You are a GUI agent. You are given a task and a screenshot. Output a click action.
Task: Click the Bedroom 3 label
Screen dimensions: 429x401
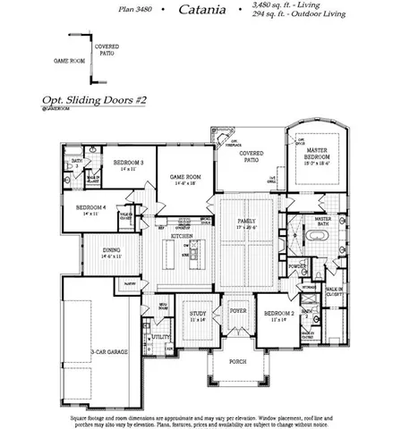click(124, 164)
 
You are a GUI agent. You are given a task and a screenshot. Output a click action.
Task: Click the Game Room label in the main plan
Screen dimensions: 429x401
click(185, 180)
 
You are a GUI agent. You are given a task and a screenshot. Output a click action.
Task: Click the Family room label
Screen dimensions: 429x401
click(246, 223)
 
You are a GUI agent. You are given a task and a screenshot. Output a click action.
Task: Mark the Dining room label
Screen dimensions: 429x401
click(112, 253)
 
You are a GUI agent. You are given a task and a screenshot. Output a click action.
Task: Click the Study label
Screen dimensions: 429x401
click(198, 315)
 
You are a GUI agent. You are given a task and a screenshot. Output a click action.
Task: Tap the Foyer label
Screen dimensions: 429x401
click(237, 312)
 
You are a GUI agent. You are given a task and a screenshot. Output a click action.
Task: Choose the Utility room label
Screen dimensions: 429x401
click(162, 338)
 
